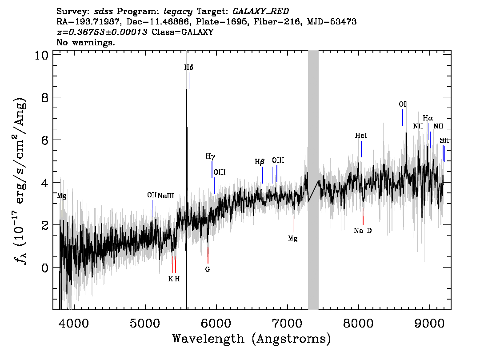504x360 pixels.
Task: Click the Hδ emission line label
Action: click(x=189, y=67)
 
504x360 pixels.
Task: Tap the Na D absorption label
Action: click(x=363, y=231)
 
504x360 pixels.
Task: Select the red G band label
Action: click(x=207, y=269)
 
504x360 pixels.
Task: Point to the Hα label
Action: click(x=428, y=118)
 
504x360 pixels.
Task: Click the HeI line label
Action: click(x=360, y=135)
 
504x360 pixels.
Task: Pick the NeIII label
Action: click(x=165, y=196)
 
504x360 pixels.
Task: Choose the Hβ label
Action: click(x=260, y=161)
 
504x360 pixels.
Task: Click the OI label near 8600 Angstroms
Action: click(x=402, y=104)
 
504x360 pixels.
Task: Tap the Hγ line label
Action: click(x=210, y=156)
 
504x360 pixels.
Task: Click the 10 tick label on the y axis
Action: click(x=41, y=55)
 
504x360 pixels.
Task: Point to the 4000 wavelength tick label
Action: click(x=74, y=323)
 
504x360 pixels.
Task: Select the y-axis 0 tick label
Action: click(x=45, y=268)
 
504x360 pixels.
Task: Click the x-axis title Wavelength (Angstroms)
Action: click(x=252, y=339)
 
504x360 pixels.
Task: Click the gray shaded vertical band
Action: click(x=313, y=180)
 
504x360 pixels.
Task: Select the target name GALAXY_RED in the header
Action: click(x=261, y=12)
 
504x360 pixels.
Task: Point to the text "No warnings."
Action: click(x=85, y=42)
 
